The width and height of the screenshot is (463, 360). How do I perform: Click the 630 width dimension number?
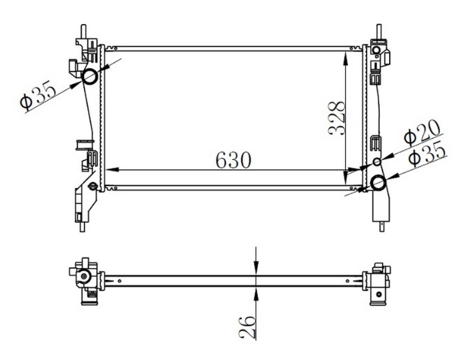[233, 160]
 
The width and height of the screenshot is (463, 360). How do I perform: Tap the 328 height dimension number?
[337, 118]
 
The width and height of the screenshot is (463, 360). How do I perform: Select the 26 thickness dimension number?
[248, 327]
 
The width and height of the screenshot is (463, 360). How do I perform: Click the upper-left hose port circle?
[90, 77]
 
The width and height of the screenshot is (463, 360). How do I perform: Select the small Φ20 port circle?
[377, 162]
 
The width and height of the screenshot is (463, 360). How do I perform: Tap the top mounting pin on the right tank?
[379, 31]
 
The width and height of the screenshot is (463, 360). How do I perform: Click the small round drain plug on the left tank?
[93, 185]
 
